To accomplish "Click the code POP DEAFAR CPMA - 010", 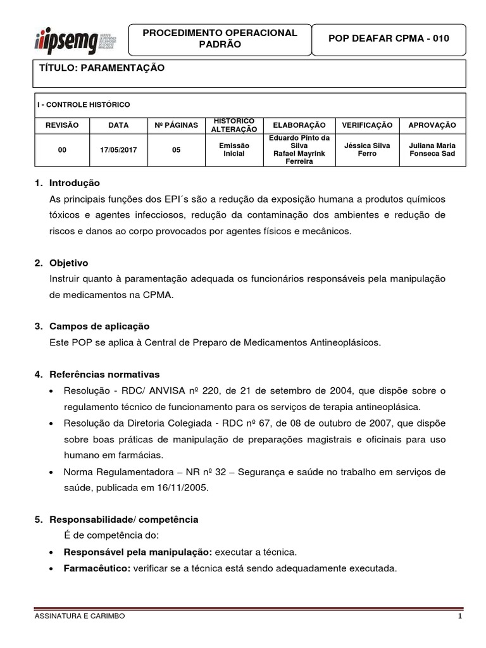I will [389, 39].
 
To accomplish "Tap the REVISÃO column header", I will [62, 125].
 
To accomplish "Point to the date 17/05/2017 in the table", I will [118, 150].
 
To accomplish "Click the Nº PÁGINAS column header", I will [176, 125].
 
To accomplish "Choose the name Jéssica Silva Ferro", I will [367, 150].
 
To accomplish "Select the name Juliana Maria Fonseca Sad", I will [433, 150].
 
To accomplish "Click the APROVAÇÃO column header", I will [433, 125].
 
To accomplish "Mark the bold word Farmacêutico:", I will [97, 568].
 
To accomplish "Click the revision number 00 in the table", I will [62, 150].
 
